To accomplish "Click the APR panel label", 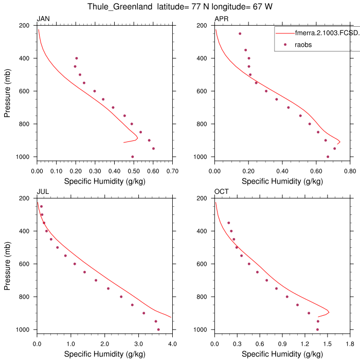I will (x=221, y=20).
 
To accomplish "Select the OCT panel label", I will (x=221, y=192).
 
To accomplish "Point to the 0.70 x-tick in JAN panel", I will (x=172, y=170).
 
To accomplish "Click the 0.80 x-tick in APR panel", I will (x=349, y=170).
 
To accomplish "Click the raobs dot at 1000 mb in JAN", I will (x=133, y=157).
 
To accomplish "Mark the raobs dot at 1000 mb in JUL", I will (x=158, y=330).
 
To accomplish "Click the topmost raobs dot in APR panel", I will (x=240, y=33).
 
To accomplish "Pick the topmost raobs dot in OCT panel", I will (x=228, y=223).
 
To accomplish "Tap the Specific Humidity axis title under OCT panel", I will (x=282, y=354).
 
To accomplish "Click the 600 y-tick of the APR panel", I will (x=204, y=91).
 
